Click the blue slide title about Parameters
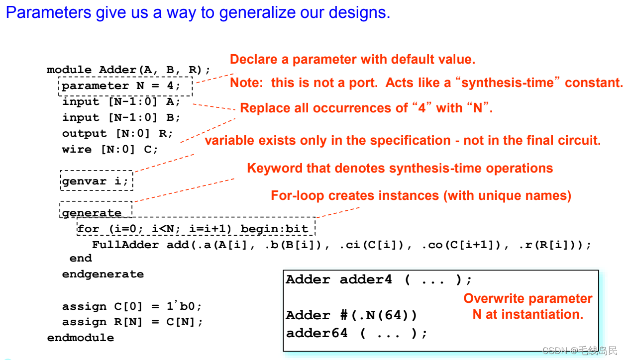[x=198, y=12]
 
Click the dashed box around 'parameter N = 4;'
[x=125, y=86]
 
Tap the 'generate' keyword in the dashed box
[x=92, y=213]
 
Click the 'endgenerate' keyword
[x=103, y=274]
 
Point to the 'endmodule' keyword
[x=81, y=338]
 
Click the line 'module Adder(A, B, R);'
[x=129, y=70]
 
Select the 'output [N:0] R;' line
[x=117, y=133]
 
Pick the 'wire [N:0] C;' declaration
[x=110, y=149]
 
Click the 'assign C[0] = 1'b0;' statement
[x=132, y=306]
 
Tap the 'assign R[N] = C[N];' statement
[x=132, y=322]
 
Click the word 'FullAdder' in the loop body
[x=125, y=245]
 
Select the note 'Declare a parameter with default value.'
[x=352, y=60]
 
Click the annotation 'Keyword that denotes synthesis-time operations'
[x=400, y=169]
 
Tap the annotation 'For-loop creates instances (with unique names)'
[x=420, y=195]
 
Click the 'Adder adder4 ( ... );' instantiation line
[x=379, y=279]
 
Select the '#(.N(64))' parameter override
[x=379, y=315]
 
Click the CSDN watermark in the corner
[x=579, y=351]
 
